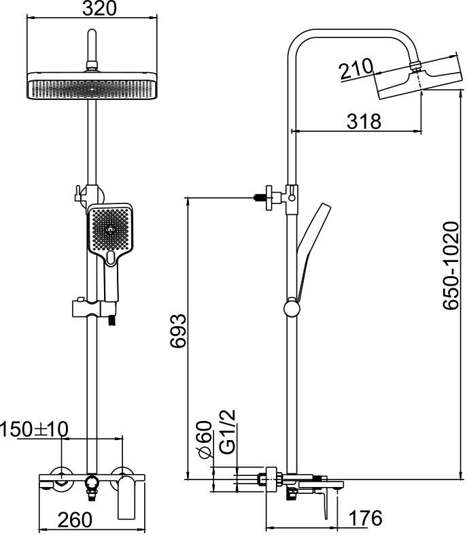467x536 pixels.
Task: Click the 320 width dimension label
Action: pyautogui.click(x=99, y=9)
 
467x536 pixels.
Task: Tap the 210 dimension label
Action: pyautogui.click(x=356, y=69)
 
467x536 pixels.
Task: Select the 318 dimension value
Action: pyautogui.click(x=364, y=121)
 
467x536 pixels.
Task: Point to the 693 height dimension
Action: pyautogui.click(x=178, y=331)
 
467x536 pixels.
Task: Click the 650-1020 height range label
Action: pyautogui.click(x=451, y=265)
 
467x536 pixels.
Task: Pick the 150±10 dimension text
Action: pyautogui.click(x=34, y=429)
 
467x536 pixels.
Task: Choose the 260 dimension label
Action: pyautogui.click(x=75, y=520)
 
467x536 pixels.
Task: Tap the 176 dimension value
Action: pyautogui.click(x=365, y=518)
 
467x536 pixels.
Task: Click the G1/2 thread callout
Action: pyautogui.click(x=228, y=432)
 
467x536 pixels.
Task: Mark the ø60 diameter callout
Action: pyautogui.click(x=206, y=439)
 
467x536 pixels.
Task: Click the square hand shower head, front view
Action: pyautogui.click(x=110, y=229)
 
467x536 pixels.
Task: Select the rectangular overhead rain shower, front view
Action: pyautogui.click(x=92, y=86)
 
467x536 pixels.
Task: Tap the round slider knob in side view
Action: pyautogui.click(x=292, y=308)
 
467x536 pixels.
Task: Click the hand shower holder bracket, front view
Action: pyautogui.click(x=94, y=308)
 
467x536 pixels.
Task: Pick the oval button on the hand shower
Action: pyautogui.click(x=111, y=258)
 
